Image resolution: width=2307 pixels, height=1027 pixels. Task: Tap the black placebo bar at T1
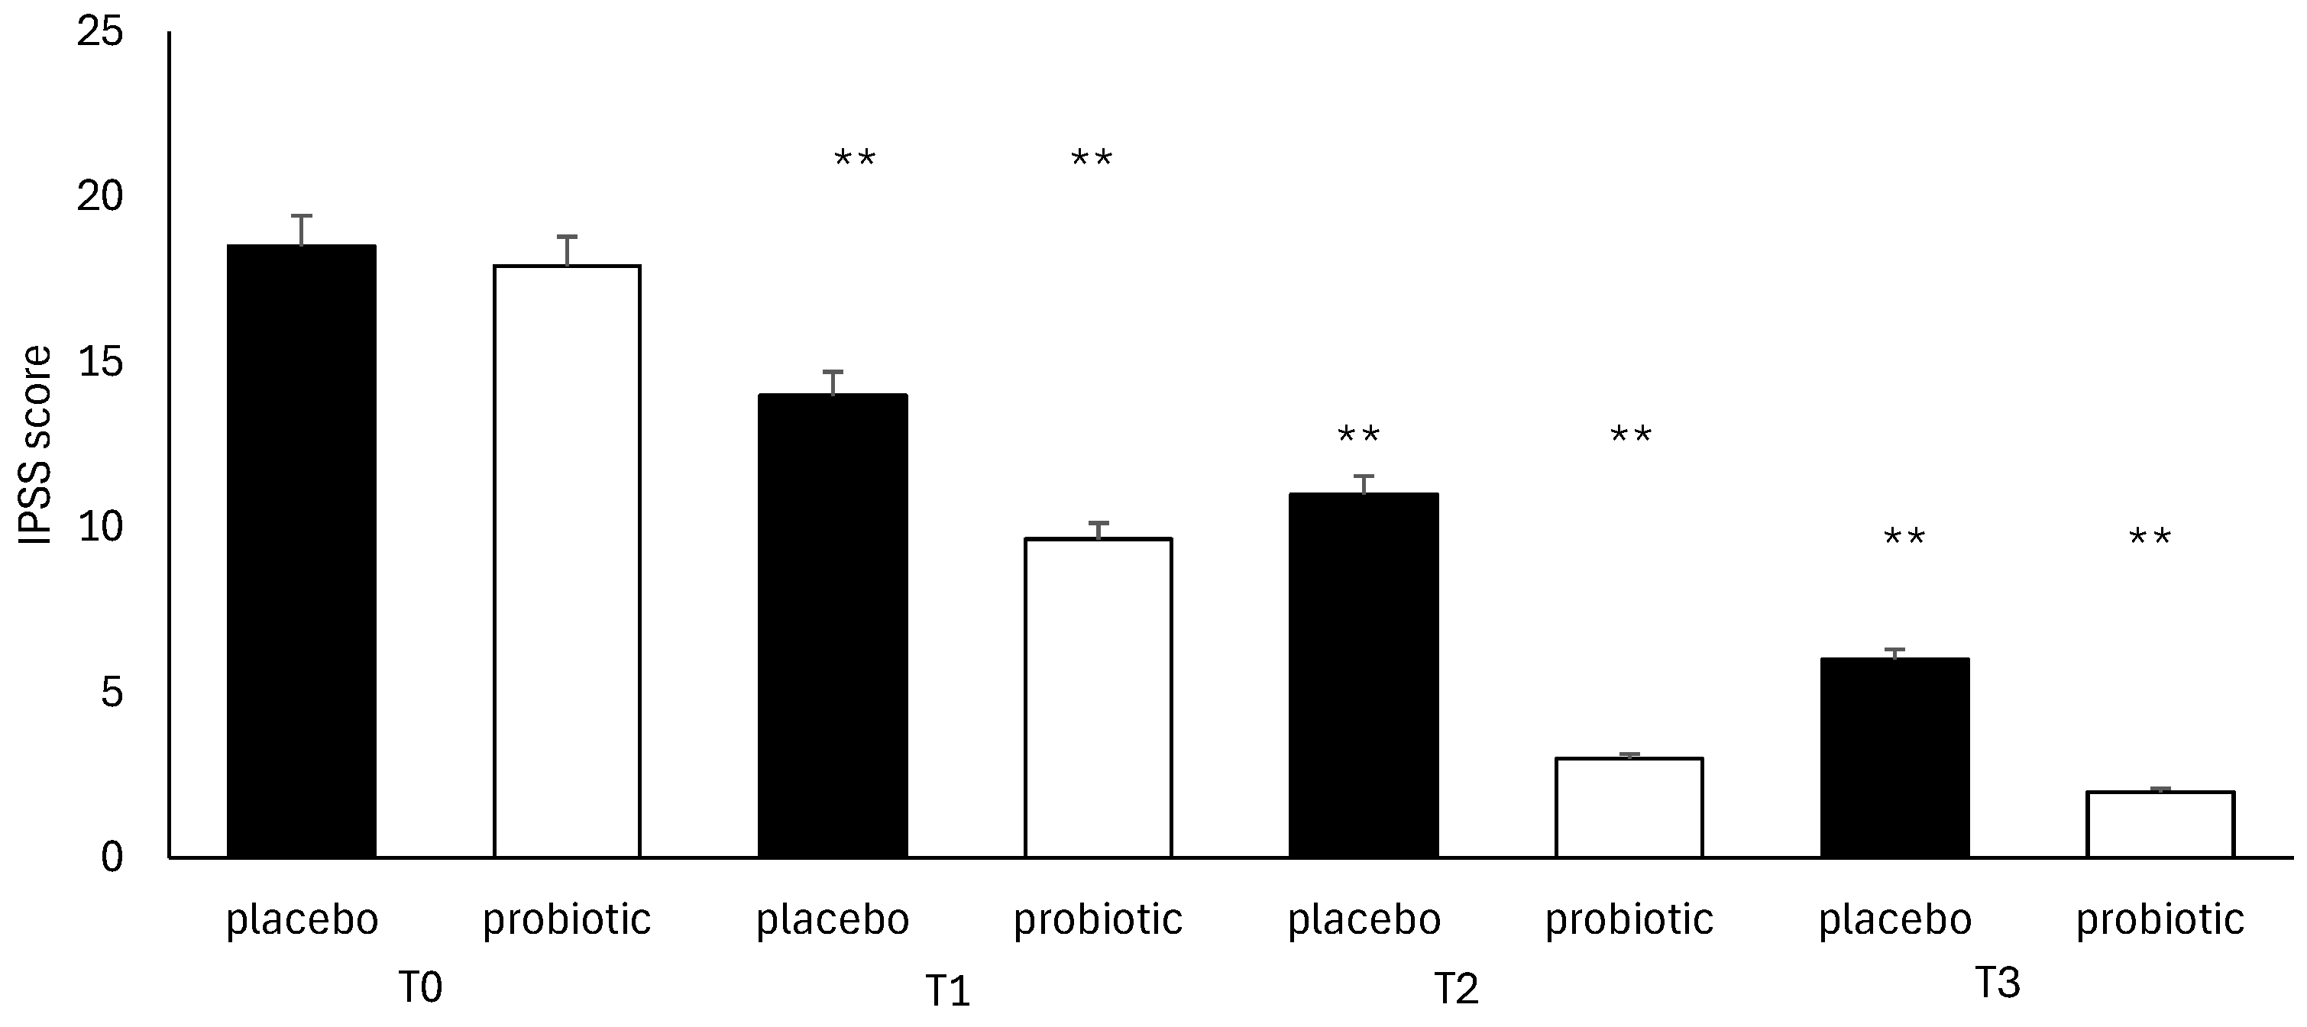(833, 626)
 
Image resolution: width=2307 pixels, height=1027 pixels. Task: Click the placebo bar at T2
(1363, 675)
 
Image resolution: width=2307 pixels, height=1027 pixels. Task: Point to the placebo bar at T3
(1895, 757)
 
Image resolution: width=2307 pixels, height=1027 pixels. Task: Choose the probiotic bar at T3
(2160, 824)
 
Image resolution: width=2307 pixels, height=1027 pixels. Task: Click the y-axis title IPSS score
(36, 445)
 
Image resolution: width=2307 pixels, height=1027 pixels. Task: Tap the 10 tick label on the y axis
(99, 528)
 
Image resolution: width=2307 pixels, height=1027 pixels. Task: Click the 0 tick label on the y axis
(112, 857)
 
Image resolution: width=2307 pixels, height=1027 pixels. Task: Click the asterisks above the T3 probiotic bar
(2150, 538)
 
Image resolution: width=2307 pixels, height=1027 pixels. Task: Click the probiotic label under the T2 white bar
(1629, 919)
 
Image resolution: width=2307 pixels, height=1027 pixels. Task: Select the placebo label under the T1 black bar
(833, 919)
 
